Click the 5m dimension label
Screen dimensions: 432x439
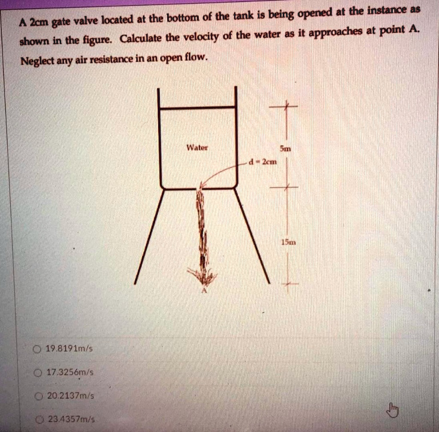pyautogui.click(x=285, y=149)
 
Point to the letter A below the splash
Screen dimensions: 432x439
pyautogui.click(x=204, y=291)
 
